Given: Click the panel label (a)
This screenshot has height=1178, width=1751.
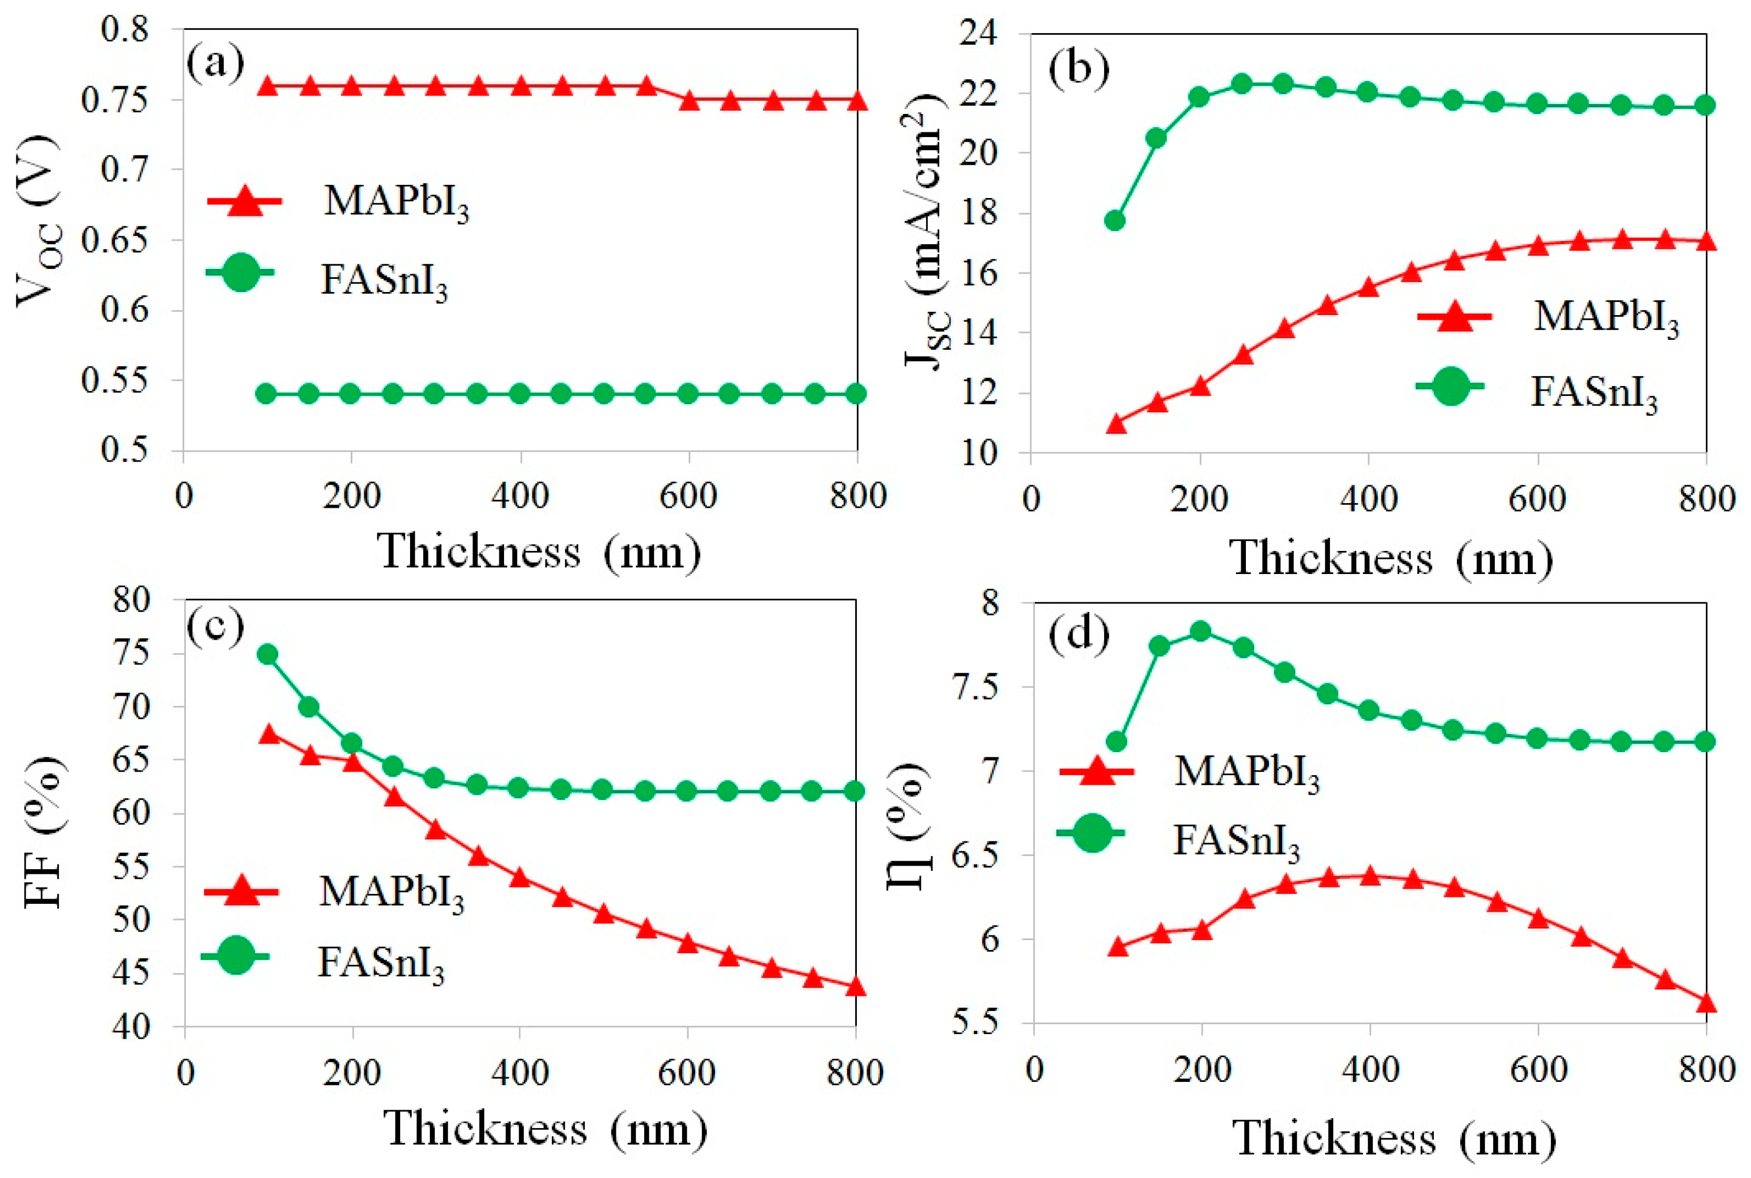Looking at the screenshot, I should coord(215,64).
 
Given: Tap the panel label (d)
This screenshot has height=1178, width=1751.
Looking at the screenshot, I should coord(1079,635).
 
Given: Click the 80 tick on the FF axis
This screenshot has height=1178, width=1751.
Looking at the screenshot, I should coord(132,601).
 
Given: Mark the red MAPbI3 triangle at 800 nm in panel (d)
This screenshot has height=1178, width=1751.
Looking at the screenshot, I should coord(1706,1004).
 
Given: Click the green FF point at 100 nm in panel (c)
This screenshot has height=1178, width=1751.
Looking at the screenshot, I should coord(267,654).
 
